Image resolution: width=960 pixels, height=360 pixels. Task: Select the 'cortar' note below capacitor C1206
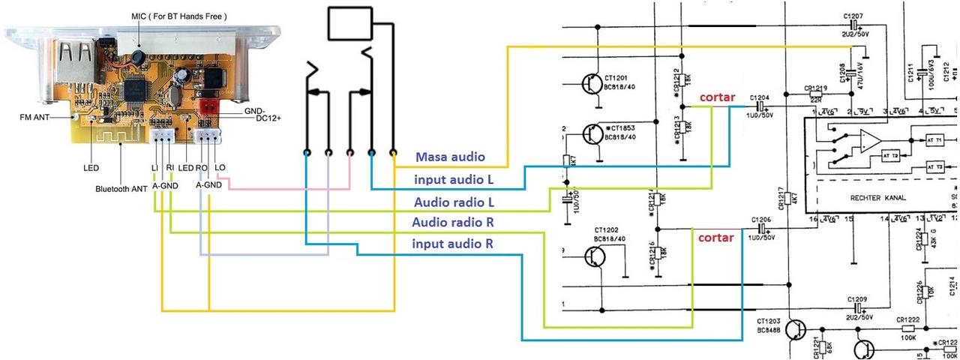(716, 237)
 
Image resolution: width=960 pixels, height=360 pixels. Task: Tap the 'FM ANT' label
(35, 118)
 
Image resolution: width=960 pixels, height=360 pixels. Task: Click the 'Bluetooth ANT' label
(121, 189)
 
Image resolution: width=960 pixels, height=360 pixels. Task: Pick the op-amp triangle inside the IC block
(870, 140)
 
